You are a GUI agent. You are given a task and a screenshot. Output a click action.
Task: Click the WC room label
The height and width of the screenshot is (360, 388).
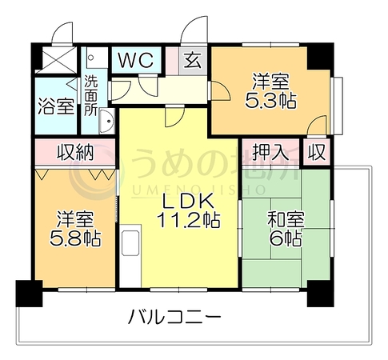(136, 61)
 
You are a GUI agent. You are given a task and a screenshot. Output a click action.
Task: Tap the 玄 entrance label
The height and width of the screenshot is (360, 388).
(193, 61)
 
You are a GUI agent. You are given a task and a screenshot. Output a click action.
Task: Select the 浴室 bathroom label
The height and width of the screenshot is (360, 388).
(56, 106)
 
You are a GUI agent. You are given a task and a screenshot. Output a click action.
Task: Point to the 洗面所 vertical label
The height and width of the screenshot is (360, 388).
(90, 95)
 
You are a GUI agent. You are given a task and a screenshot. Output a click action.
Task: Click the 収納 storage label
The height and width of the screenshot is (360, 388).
(75, 152)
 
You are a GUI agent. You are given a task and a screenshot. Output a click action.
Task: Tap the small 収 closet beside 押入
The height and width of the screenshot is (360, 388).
(317, 152)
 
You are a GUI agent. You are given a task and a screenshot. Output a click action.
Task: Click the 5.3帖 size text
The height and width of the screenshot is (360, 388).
(270, 101)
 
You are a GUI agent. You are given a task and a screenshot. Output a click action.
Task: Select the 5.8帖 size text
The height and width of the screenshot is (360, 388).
(75, 238)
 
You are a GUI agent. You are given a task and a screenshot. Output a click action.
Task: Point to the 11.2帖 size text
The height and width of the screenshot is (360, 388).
(189, 220)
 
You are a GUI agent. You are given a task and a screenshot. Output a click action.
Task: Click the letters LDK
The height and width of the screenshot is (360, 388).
(189, 201)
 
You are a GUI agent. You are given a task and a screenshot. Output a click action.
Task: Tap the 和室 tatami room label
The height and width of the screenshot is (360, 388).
(286, 219)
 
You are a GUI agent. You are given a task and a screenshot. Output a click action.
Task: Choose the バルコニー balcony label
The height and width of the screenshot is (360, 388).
(174, 316)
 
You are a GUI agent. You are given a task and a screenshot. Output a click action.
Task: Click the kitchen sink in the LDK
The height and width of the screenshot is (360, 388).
(130, 243)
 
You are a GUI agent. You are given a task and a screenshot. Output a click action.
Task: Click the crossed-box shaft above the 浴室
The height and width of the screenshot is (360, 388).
(57, 60)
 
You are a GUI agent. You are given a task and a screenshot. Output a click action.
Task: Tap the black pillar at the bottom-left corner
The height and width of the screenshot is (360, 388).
(29, 294)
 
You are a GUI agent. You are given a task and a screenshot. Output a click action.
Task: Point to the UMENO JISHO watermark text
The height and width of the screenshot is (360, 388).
(198, 190)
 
